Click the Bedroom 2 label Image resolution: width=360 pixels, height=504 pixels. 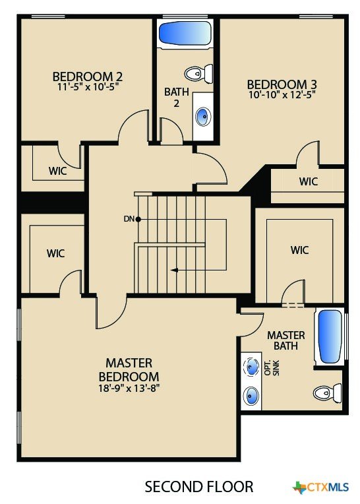click(87, 77)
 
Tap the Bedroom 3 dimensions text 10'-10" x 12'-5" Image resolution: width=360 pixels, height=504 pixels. click(282, 95)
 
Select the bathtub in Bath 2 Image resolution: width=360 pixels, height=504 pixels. click(185, 34)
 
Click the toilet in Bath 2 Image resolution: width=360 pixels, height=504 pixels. click(198, 74)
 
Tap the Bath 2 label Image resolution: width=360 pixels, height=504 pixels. click(176, 97)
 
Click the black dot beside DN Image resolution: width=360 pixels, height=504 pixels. click(138, 219)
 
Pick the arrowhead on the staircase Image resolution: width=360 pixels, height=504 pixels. click(174, 270)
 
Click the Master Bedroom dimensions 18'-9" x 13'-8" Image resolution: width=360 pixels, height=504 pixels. click(129, 389)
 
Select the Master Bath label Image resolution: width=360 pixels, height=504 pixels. click(285, 340)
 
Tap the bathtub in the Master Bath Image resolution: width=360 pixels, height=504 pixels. click(330, 336)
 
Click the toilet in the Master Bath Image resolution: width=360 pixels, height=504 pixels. click(327, 393)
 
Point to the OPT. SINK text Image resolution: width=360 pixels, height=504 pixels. click(272, 368)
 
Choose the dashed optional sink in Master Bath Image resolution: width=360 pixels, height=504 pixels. click(251, 366)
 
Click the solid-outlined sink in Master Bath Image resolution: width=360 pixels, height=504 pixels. click(251, 395)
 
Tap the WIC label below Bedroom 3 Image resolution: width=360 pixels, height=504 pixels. click(309, 181)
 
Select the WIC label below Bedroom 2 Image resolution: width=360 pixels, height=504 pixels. click(58, 171)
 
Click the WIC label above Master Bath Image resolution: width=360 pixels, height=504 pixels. click(299, 250)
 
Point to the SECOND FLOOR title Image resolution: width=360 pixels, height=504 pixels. click(198, 487)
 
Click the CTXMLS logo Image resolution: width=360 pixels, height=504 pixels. click(320, 488)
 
